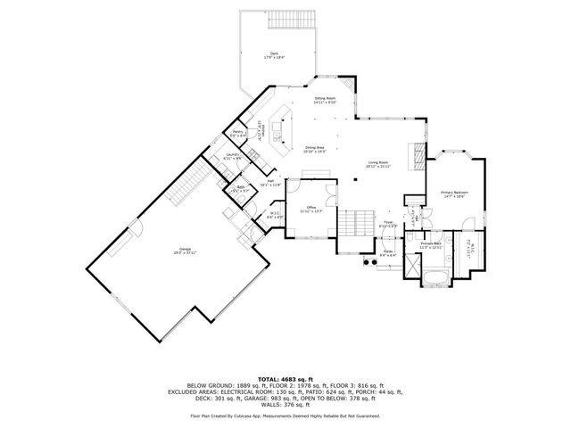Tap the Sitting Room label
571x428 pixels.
click(x=324, y=101)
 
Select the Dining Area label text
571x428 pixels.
click(x=315, y=149)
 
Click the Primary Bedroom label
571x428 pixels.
click(x=453, y=194)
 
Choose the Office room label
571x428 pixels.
click(x=310, y=210)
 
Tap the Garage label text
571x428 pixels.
click(x=160, y=253)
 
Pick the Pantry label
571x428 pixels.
click(x=238, y=134)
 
